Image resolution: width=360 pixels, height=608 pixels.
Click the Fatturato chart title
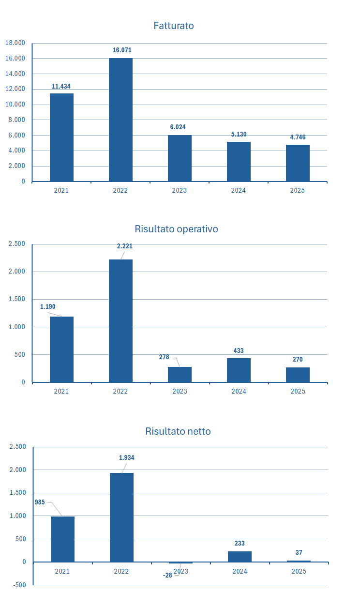coord(173,26)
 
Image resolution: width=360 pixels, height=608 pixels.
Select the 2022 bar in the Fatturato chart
coord(120,120)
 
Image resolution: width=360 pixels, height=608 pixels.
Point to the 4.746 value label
coord(298,137)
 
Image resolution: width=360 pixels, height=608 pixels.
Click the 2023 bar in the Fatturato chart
coord(180,158)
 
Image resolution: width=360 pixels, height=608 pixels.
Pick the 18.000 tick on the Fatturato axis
coord(15,43)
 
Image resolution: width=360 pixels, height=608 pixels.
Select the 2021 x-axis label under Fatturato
coord(61,191)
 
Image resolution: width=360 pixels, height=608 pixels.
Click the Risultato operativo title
coord(176,229)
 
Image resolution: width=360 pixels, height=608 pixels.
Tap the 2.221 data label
coord(124,246)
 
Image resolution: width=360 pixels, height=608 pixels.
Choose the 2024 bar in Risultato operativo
coord(239,370)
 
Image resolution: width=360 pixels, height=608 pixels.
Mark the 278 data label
coord(164,357)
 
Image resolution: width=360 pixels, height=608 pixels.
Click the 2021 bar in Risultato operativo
coord(61,350)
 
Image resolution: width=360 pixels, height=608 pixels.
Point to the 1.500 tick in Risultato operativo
coord(16,299)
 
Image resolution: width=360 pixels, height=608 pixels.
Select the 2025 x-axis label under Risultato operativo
coord(298,391)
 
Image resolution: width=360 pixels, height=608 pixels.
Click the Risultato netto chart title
coord(178,431)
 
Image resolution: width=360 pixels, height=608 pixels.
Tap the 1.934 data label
coord(126,457)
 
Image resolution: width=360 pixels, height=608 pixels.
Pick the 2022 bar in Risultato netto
coord(121,517)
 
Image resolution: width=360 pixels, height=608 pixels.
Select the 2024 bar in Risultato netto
coord(240,557)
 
